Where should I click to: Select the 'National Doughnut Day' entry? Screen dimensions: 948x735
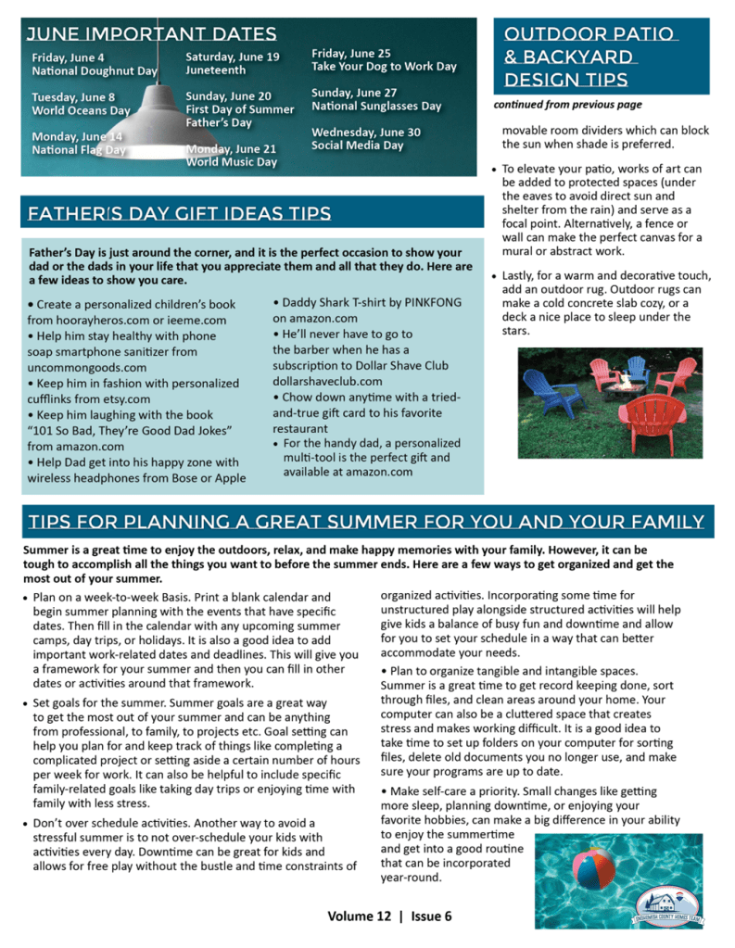(x=95, y=70)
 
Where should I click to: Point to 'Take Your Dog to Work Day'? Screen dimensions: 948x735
(x=384, y=67)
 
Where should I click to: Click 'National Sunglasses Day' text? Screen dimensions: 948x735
(x=376, y=106)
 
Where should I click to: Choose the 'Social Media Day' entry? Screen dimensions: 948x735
(x=358, y=145)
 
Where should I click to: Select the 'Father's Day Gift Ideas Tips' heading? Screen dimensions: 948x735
(x=179, y=215)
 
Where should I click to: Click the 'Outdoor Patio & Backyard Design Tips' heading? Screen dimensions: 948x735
(x=591, y=57)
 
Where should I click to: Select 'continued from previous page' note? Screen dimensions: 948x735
(x=567, y=105)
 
